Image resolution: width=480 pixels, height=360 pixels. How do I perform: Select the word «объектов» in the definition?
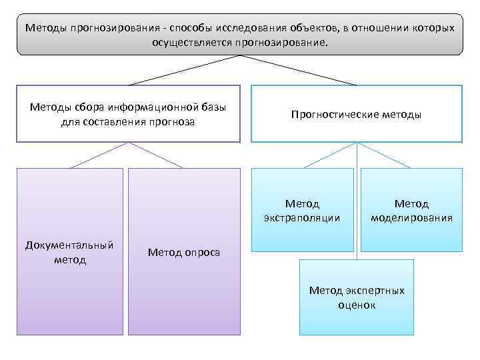tap(313, 29)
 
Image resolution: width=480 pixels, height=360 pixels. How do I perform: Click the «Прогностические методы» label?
tap(356, 115)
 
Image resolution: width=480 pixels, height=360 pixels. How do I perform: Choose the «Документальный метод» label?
tap(69, 252)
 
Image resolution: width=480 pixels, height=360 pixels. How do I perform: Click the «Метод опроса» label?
tap(183, 251)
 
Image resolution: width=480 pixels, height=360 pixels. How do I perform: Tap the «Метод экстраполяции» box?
tap(302, 210)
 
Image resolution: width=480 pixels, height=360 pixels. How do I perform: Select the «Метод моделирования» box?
tap(411, 210)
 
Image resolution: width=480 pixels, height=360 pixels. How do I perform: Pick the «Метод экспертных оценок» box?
tap(357, 297)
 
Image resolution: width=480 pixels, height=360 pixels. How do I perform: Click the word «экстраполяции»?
tap(302, 217)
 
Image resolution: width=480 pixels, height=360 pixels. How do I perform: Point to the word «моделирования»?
tap(411, 217)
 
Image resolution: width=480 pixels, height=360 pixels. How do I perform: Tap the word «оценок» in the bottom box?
tap(357, 305)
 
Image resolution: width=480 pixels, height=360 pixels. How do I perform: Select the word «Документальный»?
tap(69, 245)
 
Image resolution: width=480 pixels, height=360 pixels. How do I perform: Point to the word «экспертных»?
tap(375, 291)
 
